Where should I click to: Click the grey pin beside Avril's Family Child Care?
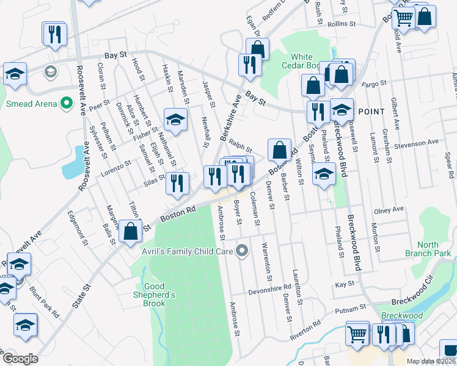tap(243, 251)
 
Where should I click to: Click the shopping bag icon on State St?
tap(131, 232)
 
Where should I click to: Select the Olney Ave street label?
tap(389, 210)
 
